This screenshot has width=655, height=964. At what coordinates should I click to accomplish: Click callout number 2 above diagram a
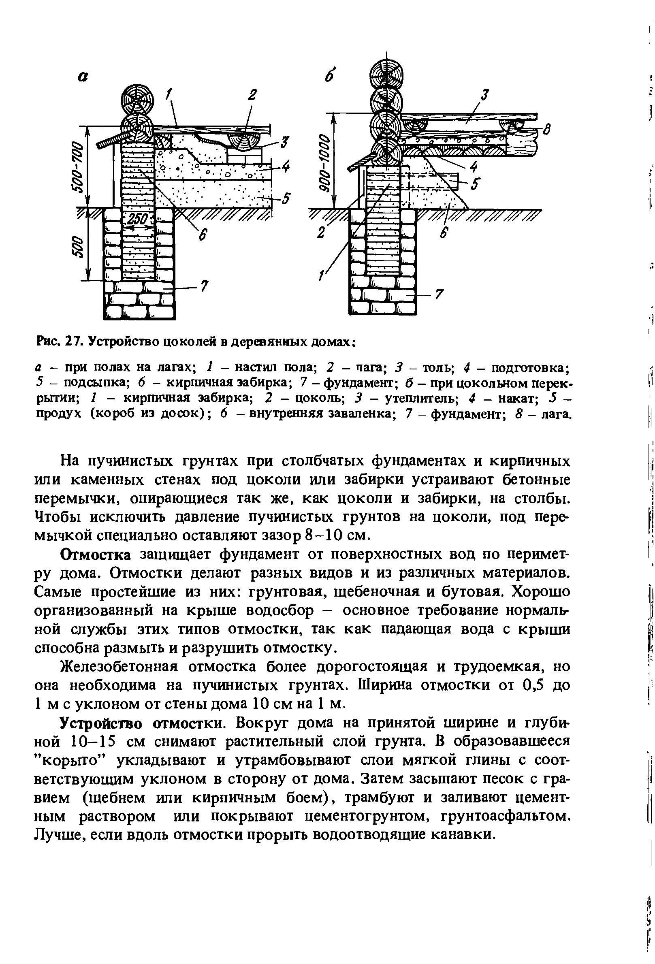pos(252,95)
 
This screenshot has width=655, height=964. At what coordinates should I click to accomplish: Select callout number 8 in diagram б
pos(547,131)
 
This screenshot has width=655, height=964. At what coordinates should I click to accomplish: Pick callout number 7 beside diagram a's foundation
pos(204,286)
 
